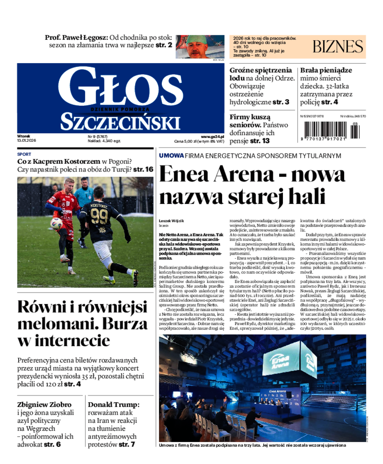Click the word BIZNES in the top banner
tap(338, 46)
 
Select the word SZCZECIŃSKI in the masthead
tap(120, 122)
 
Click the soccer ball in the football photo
tap(56, 223)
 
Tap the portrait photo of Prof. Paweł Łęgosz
tap(199, 46)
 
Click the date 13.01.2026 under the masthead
tap(27, 141)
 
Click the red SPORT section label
tap(24, 154)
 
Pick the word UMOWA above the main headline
tap(171, 156)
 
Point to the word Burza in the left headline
tap(123, 324)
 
